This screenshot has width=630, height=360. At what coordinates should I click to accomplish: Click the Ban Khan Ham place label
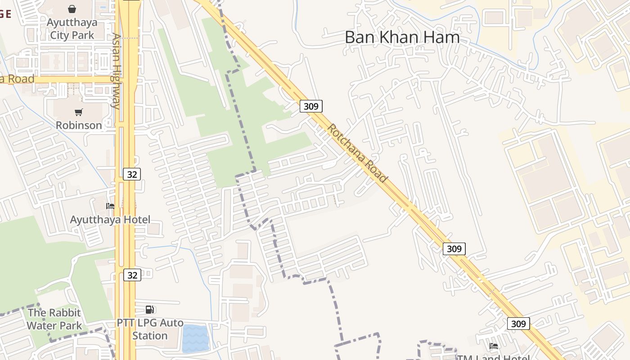click(402, 37)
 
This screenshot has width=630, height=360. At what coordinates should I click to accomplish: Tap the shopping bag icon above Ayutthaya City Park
click(72, 9)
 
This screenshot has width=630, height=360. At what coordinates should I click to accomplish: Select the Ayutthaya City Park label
click(72, 28)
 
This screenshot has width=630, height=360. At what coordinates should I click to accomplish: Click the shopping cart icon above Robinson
click(79, 112)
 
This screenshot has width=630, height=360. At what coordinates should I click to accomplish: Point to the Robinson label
click(79, 125)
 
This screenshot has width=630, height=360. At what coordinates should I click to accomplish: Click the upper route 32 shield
click(131, 174)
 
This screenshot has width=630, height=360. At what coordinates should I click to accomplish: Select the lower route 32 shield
click(131, 274)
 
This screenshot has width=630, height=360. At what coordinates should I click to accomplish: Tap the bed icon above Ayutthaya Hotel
click(110, 206)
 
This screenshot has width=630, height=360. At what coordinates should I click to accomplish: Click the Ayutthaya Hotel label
click(110, 220)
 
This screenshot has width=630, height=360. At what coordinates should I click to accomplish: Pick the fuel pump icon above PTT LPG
click(150, 309)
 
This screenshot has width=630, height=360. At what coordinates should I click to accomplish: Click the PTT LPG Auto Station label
click(150, 329)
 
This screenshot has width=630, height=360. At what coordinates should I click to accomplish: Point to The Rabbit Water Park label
click(54, 319)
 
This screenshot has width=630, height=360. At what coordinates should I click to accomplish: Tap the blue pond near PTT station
click(196, 338)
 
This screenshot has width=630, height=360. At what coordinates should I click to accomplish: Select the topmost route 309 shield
click(311, 106)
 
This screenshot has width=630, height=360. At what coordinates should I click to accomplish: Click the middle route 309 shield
click(454, 248)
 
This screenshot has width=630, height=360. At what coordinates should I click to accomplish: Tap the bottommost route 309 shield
click(518, 324)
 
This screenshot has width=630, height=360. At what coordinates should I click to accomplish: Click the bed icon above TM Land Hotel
click(494, 346)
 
